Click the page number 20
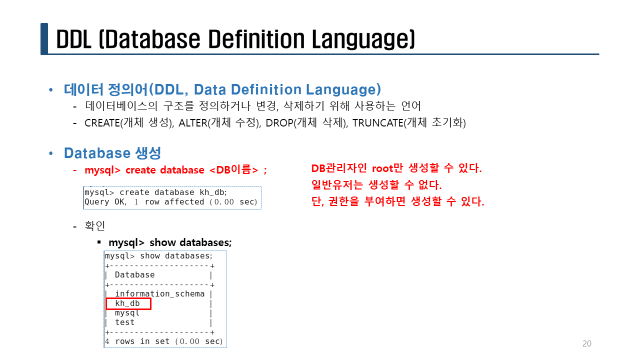[587, 343]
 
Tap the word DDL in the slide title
[73, 39]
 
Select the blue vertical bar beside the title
[44, 38]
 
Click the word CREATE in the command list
[102, 123]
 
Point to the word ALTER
[193, 123]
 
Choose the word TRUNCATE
[378, 123]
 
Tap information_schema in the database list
[159, 293]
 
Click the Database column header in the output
[134, 274]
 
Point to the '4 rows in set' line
[163, 341]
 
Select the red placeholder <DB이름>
[233, 170]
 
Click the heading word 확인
[95, 225]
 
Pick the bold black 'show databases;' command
[190, 242]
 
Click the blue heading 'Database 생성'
[112, 153]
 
